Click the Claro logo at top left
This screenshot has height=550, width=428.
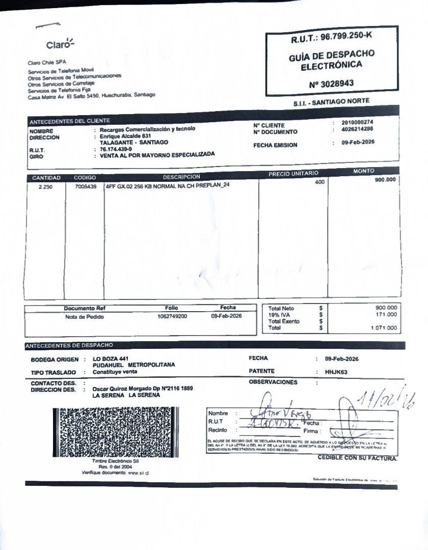click(x=60, y=44)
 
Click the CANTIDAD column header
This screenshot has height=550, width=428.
click(x=46, y=178)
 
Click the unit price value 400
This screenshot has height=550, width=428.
click(x=319, y=182)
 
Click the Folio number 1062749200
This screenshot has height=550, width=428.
click(x=172, y=316)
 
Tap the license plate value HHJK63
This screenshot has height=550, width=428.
click(x=336, y=372)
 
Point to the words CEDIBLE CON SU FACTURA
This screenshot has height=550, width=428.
click(x=357, y=458)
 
